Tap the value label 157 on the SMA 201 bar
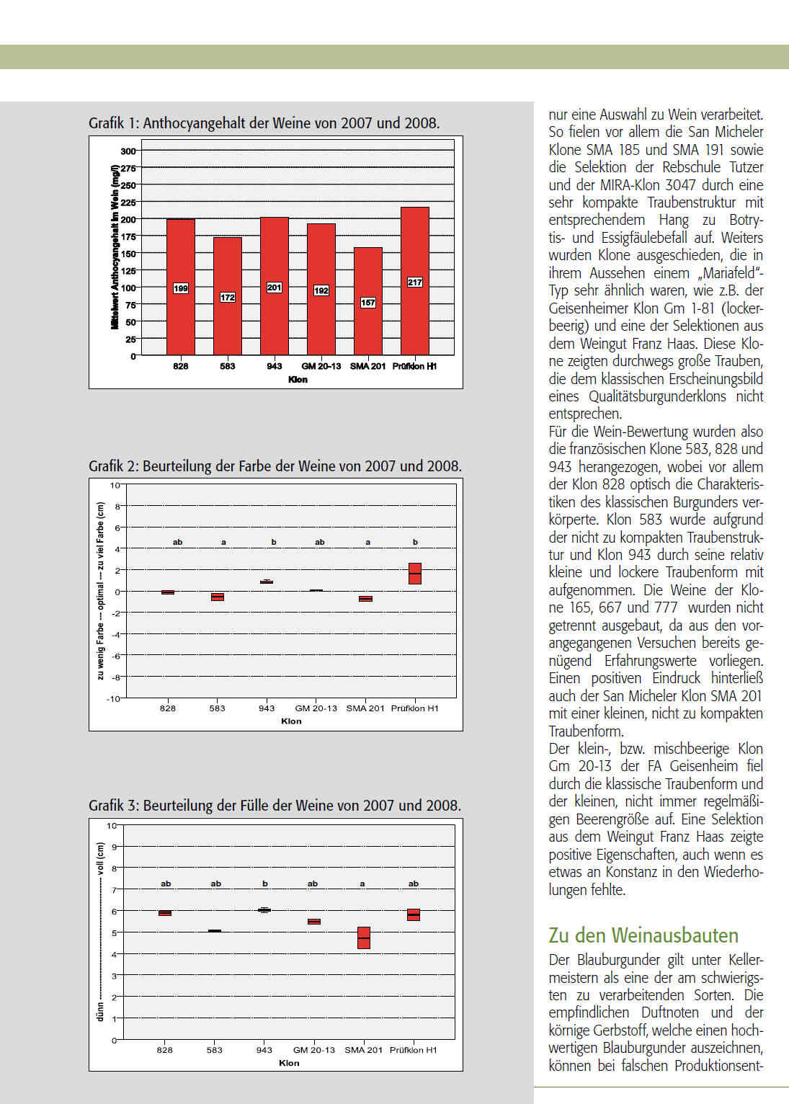click(x=367, y=303)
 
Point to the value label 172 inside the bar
click(x=227, y=297)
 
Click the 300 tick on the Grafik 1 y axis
click(x=128, y=151)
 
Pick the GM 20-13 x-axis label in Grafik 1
click(x=321, y=366)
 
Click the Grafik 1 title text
click(x=264, y=123)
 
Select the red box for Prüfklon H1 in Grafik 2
click(x=414, y=573)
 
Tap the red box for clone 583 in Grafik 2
click(x=217, y=597)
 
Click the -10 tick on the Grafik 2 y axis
click(x=113, y=698)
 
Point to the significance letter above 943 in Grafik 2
click(x=274, y=542)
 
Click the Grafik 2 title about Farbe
click(x=275, y=466)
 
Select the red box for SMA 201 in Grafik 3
click(x=364, y=938)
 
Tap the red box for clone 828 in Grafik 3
click(x=165, y=913)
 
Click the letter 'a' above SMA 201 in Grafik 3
click(x=362, y=883)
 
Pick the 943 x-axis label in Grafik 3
click(x=264, y=1050)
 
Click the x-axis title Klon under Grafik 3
click(x=289, y=1063)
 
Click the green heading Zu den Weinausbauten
click(x=643, y=935)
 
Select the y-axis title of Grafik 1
click(x=115, y=247)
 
